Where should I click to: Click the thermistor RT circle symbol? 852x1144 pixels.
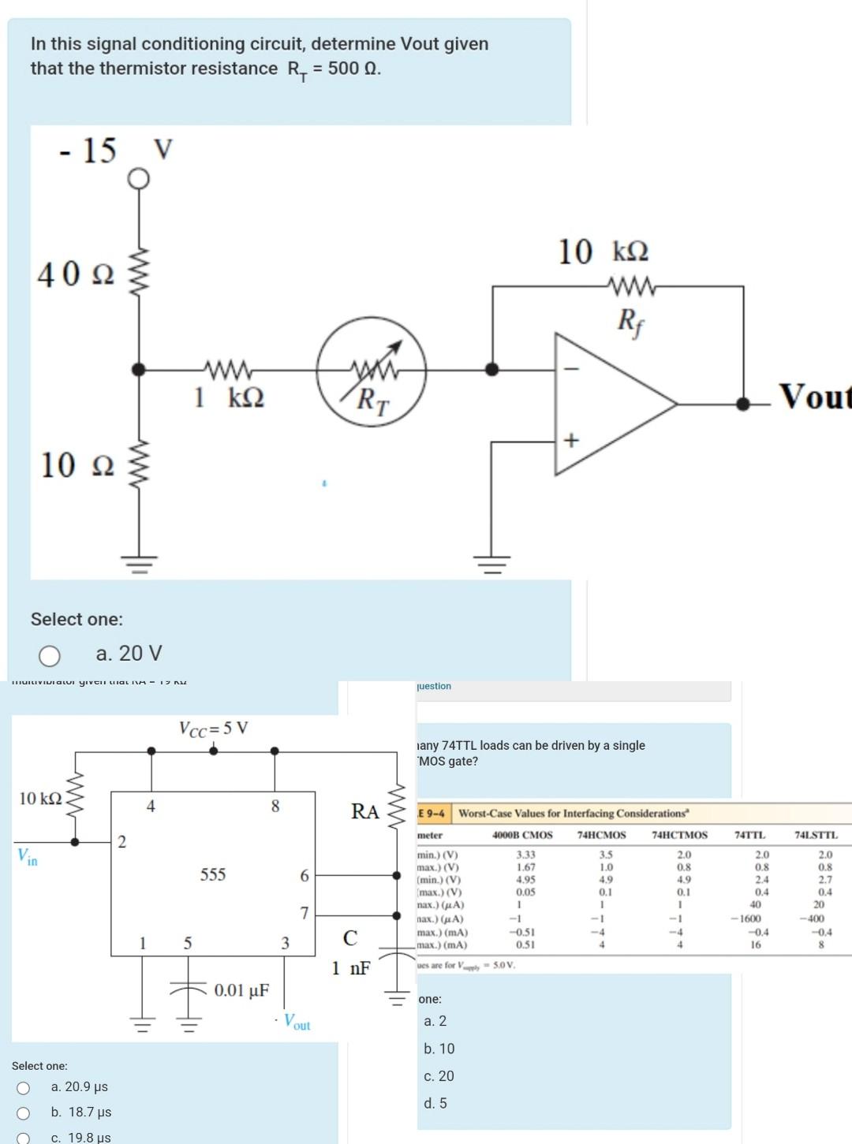coord(372,371)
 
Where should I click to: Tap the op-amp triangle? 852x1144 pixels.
coord(607,404)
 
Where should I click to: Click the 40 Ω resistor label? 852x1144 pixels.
coord(76,275)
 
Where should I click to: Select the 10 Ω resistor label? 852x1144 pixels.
coord(77,465)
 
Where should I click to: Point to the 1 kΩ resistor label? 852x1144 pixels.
coord(229,397)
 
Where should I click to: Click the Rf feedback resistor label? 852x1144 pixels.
coord(628,320)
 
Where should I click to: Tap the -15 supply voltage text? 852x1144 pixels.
coord(88,150)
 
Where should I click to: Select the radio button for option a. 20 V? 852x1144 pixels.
coord(50,655)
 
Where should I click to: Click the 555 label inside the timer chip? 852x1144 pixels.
coord(213,874)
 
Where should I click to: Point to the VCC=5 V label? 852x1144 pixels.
coord(213,728)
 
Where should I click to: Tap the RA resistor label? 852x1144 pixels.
coord(364,811)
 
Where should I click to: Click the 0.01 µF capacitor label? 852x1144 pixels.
coord(241,990)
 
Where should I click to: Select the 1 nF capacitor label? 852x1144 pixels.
coord(350,968)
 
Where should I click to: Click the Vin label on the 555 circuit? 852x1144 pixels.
coord(28,857)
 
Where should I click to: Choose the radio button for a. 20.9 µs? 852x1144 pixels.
coord(24,1088)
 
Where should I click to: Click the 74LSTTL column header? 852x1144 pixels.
coord(816,835)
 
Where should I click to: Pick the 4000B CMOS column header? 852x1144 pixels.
coord(522,835)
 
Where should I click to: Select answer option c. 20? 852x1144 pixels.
coord(439,1076)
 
